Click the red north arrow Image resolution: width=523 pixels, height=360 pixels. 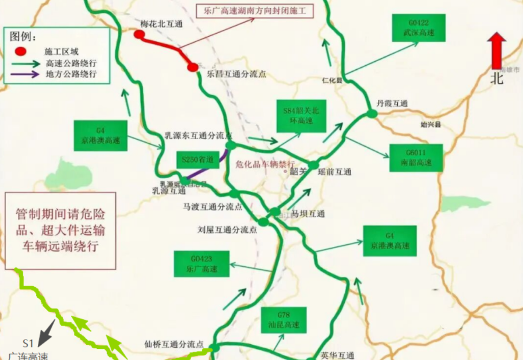coord(497,51)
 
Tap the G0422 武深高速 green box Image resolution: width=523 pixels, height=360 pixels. coord(419,28)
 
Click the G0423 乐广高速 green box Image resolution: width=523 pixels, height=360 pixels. coord(201,264)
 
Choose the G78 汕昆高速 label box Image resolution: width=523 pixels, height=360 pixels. coord(284,320)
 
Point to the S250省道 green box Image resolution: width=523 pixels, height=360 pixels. coord(195,159)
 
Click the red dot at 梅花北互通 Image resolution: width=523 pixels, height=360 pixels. coord(139,34)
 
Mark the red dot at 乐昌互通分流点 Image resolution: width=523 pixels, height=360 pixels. coord(193,68)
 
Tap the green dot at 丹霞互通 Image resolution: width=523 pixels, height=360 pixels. coord(372,114)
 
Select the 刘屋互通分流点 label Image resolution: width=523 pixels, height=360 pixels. coord(227,230)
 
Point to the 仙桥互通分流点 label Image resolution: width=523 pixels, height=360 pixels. coord(174,344)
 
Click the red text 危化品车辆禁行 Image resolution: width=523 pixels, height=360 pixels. coord(266,164)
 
